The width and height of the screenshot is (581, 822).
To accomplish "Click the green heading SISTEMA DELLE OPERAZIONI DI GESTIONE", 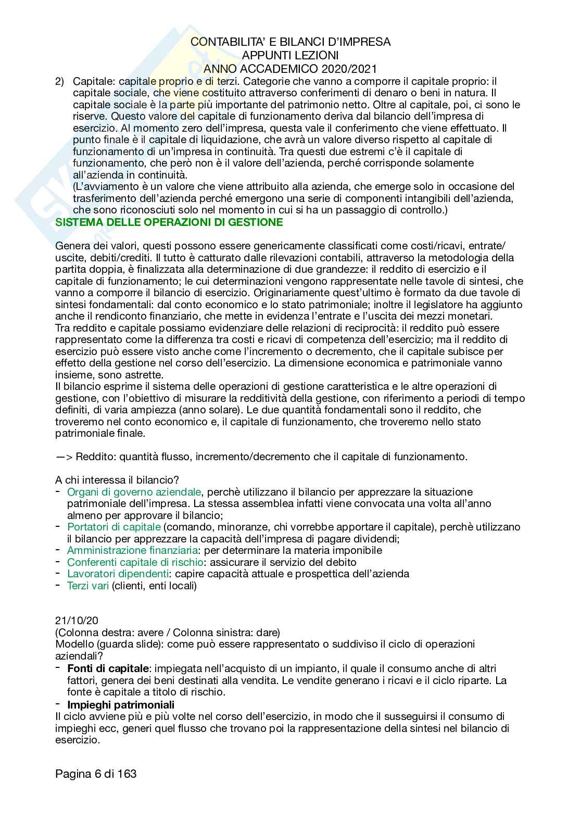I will tap(169, 222).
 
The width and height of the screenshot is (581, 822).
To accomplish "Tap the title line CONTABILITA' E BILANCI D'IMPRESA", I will tap(290, 42).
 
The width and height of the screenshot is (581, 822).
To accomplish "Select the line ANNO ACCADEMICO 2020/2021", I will tap(290, 68).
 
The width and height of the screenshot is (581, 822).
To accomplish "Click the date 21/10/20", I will tap(77, 621).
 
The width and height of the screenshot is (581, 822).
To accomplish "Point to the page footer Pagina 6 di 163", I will tap(96, 774).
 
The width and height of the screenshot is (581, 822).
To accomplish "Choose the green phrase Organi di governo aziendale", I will tap(134, 492).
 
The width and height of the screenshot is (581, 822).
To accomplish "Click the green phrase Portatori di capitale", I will tap(114, 527).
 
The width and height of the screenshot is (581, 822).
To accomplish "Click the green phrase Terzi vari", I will tap(88, 586).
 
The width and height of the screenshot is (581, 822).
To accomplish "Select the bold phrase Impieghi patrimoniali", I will tap(121, 704).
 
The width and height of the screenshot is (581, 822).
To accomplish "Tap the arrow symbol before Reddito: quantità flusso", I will tap(64, 457).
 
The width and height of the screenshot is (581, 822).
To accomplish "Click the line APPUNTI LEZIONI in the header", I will tap(290, 55).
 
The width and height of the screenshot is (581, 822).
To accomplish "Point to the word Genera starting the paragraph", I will tap(71, 246).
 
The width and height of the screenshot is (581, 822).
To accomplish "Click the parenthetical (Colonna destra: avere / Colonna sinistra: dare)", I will tap(167, 633).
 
